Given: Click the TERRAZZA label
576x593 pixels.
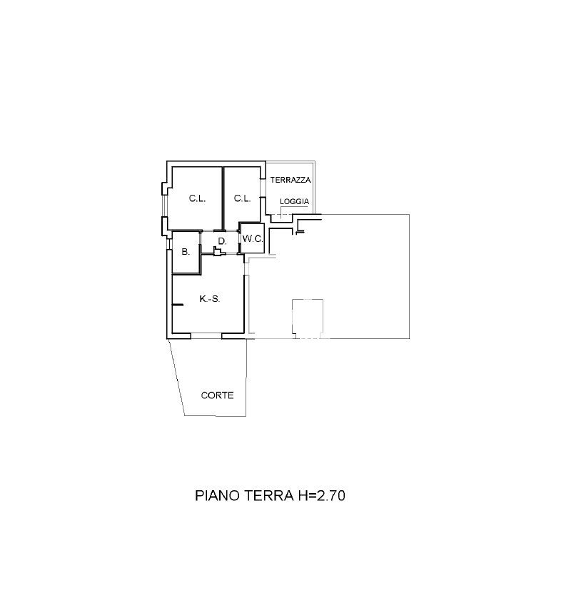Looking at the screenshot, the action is [x=290, y=180].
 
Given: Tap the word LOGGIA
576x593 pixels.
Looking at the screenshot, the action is [x=294, y=201].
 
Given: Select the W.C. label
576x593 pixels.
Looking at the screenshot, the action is [x=253, y=238].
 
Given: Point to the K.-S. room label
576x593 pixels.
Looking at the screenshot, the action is [x=210, y=299].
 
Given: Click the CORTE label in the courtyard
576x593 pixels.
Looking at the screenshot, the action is [x=217, y=395].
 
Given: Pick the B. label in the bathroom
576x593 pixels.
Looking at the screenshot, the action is [x=186, y=251].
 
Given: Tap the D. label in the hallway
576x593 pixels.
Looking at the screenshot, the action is [x=223, y=241].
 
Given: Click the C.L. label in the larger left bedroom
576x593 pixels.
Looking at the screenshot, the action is [x=197, y=198].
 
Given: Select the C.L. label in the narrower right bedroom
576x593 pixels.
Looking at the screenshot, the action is [x=242, y=198].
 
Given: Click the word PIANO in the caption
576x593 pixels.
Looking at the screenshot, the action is [x=218, y=495].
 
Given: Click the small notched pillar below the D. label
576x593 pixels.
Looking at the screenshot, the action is [x=218, y=250].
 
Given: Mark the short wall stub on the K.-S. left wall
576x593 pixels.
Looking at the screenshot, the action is [x=178, y=305].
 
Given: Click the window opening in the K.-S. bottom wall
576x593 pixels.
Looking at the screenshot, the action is [x=206, y=335].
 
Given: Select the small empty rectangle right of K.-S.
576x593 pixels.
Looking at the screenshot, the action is [x=308, y=317].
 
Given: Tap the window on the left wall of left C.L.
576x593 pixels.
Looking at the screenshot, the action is [x=164, y=206].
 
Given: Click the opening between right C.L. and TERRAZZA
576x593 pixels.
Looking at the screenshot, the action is [x=262, y=188].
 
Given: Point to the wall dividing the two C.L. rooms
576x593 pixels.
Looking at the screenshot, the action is [x=223, y=198].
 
